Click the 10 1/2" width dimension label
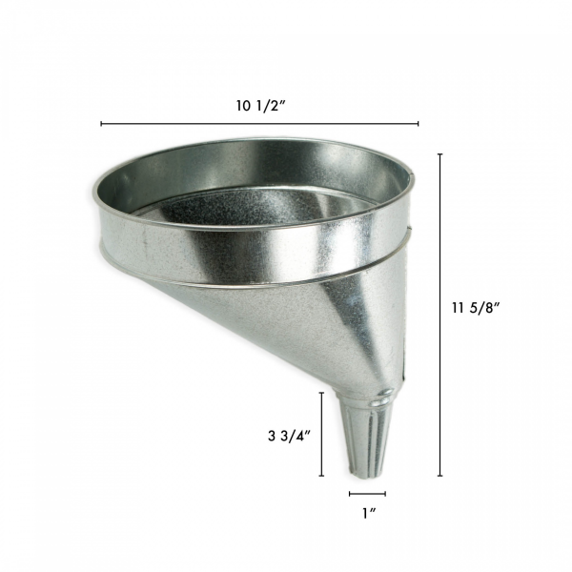(x=259, y=106)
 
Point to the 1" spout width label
(x=367, y=515)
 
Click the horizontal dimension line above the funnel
(x=259, y=124)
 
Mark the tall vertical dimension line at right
(x=439, y=315)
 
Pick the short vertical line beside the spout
(x=323, y=434)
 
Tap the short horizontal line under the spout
(x=367, y=494)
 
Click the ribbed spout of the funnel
(x=368, y=439)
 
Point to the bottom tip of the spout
(x=368, y=475)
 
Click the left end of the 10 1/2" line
(x=101, y=124)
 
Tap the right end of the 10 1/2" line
(x=419, y=124)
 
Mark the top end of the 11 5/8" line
(x=439, y=153)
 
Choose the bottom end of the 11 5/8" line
(x=439, y=476)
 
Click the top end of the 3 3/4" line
(x=323, y=392)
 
